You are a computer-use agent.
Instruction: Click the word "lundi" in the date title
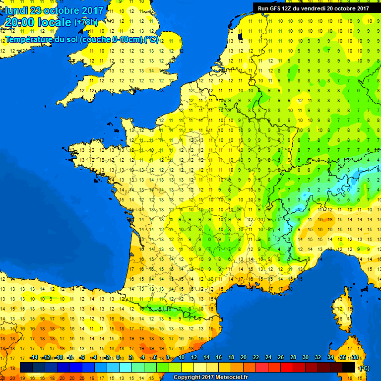[x=17, y=10]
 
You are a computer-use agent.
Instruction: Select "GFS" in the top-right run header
[x=274, y=8]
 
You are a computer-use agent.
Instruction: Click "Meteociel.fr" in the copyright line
[x=223, y=377]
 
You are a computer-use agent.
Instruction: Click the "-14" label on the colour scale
[x=34, y=358]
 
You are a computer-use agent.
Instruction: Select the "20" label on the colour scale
[x=244, y=358]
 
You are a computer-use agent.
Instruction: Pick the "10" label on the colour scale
[x=182, y=358]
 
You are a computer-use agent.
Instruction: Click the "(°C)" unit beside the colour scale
[x=364, y=368]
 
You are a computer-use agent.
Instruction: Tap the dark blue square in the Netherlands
[x=240, y=36]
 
